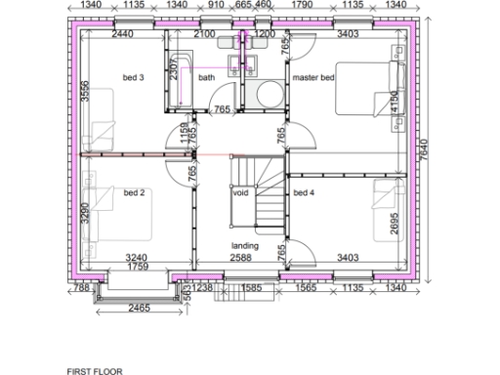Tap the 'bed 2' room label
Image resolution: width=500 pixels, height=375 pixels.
coord(134,193)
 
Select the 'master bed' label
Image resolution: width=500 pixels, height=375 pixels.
coord(312,77)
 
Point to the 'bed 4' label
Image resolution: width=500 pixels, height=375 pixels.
coord(305,193)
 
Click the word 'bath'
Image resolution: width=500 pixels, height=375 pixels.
coord(206,77)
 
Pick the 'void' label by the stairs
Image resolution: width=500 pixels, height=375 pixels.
coord(240,193)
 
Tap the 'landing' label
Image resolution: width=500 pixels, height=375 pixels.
coord(244,245)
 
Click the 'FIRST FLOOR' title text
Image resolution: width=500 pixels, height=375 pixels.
coord(94,371)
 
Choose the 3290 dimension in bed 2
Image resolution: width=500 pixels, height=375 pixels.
coord(86,214)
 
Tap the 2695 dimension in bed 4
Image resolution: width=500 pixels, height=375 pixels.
coord(395,225)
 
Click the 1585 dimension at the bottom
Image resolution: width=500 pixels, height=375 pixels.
coord(250,288)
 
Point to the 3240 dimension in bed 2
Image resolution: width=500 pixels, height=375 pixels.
coord(138,258)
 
